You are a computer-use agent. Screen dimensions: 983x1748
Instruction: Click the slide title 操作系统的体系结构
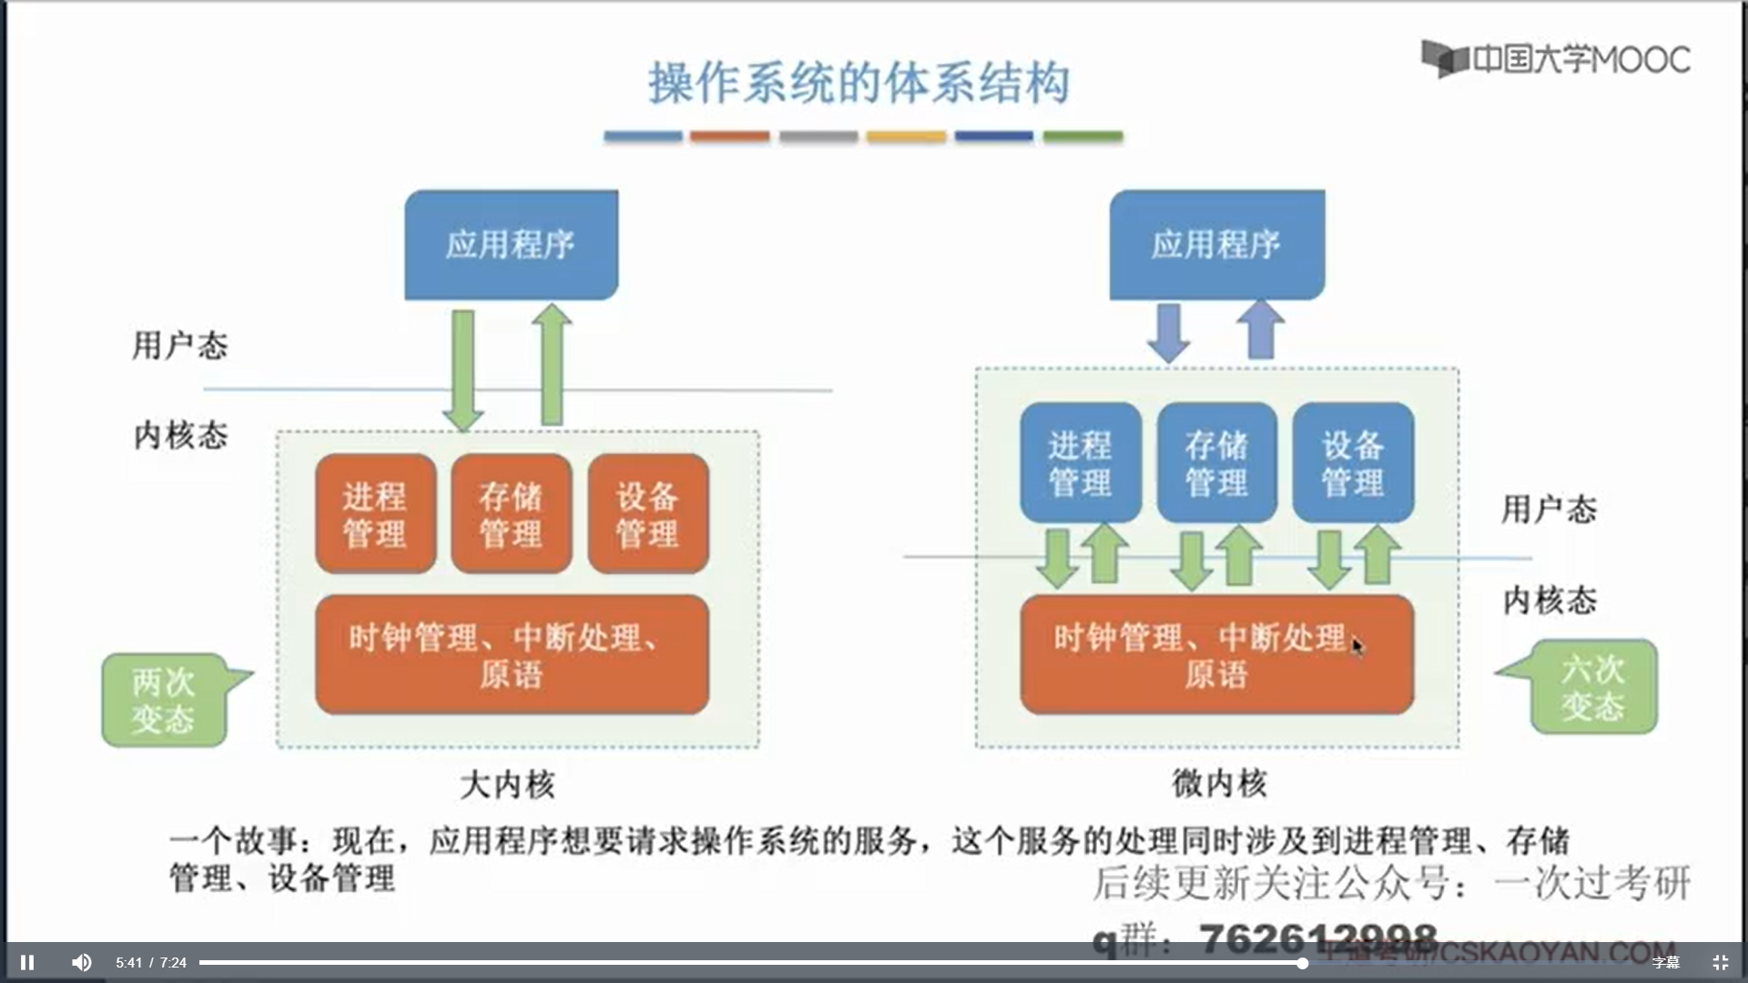coord(859,83)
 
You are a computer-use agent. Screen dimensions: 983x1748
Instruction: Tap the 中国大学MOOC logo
coord(1556,59)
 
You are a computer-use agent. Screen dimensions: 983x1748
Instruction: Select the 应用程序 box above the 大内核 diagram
coord(511,244)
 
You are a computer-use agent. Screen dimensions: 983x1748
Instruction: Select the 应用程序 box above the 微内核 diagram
coord(1216,244)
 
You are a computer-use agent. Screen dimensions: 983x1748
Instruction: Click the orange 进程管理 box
coord(375,514)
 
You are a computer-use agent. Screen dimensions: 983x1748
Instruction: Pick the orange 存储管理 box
coord(511,514)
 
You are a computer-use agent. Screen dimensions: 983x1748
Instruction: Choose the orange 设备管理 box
coord(647,514)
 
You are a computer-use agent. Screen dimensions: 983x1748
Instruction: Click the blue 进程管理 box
coord(1080,463)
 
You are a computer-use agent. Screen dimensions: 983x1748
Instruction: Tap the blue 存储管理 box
coord(1216,463)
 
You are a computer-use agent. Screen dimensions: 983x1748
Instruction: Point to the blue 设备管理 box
coord(1353,463)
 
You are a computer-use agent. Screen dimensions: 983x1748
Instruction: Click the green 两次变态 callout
coord(164,700)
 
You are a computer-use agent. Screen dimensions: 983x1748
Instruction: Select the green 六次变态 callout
coord(1592,687)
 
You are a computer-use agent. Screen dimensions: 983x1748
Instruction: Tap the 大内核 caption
coord(507,784)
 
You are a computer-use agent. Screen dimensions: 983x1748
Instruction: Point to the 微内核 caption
coord(1219,782)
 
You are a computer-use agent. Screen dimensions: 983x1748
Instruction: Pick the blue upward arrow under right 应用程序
coord(1261,329)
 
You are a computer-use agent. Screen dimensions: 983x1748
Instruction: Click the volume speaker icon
coord(82,962)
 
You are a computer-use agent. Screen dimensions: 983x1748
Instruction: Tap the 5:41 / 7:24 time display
coord(151,962)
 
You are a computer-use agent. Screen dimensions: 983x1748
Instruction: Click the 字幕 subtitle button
coord(1666,962)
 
